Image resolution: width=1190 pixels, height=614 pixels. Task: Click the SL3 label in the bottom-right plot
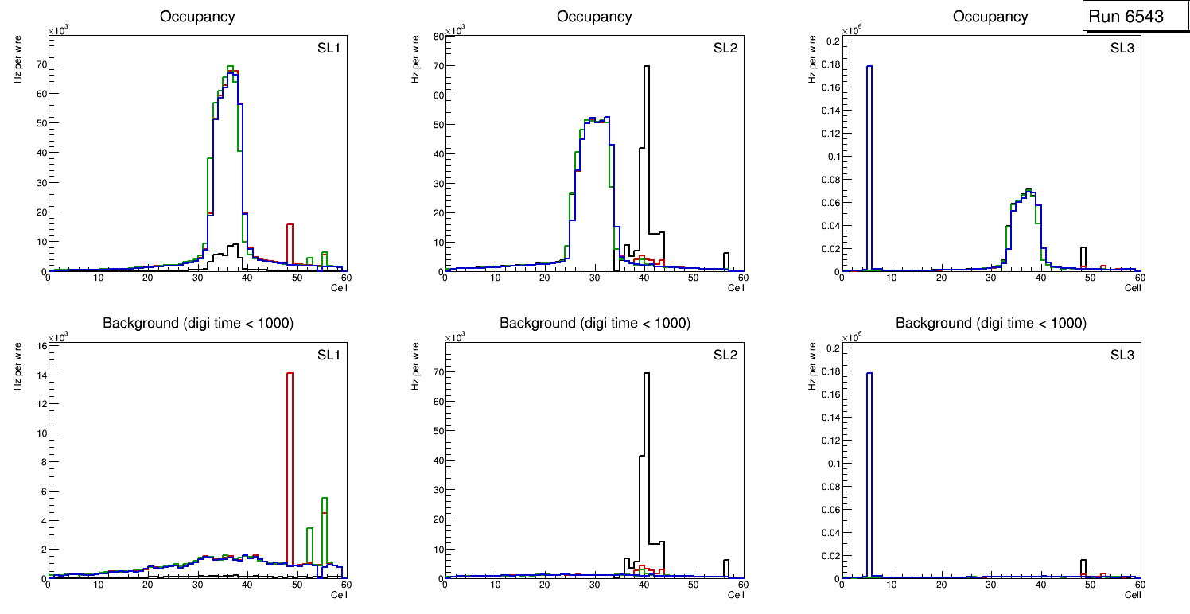pos(1122,354)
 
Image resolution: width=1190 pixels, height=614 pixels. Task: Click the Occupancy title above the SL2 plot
pos(594,17)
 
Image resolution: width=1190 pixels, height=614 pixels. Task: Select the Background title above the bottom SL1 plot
pos(198,323)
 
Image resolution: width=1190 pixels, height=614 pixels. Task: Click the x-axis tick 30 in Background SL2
pos(594,585)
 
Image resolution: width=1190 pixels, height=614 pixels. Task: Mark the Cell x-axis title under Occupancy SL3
pos(1133,288)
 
